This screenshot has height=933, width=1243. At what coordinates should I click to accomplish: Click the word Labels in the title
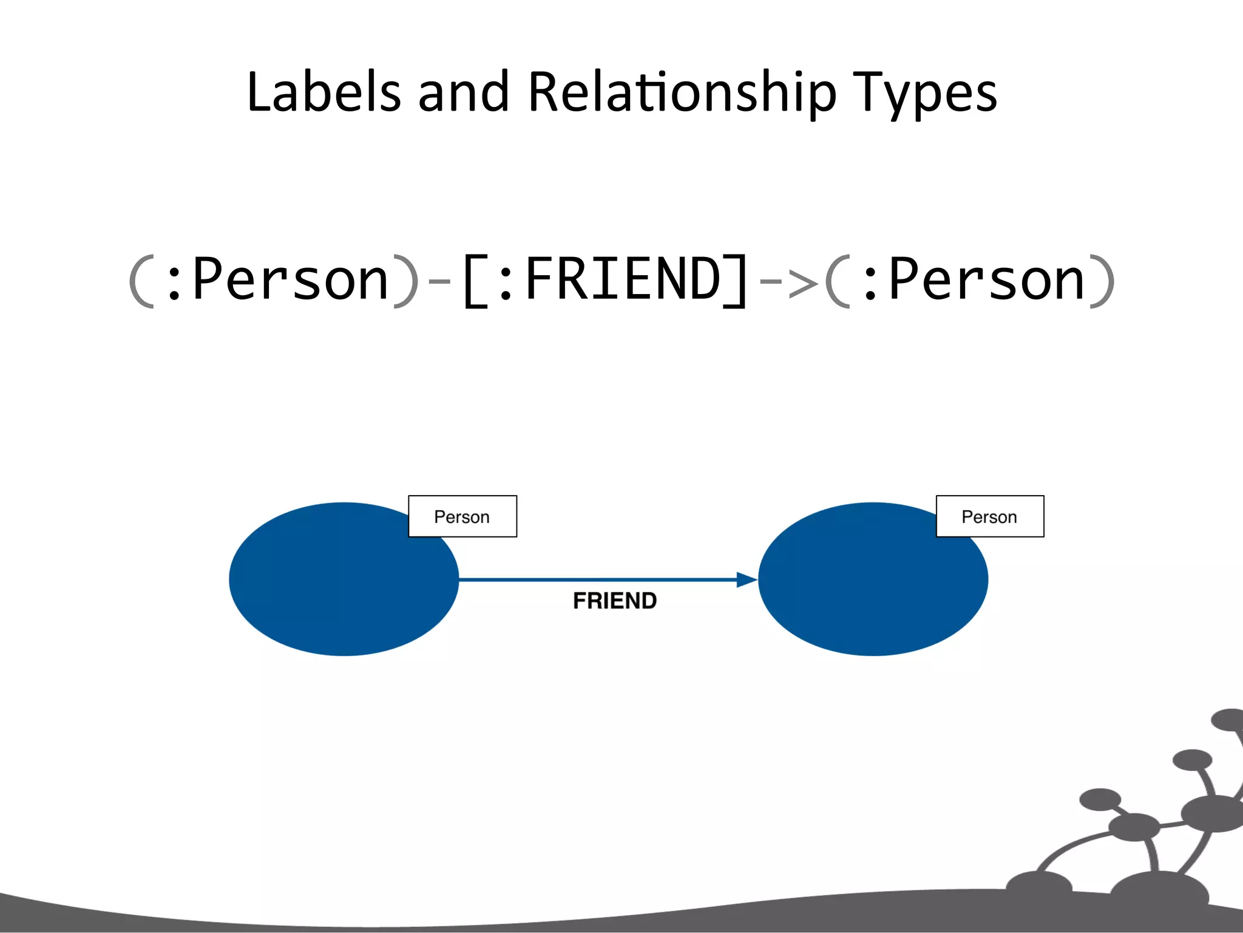tap(323, 92)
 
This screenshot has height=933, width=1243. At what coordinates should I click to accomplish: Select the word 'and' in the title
tap(463, 92)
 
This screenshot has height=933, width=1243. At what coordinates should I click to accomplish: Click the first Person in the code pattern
tap(290, 279)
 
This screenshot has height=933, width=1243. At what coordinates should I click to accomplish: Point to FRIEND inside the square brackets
tap(623, 279)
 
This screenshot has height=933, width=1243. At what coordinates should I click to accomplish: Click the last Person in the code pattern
tap(986, 279)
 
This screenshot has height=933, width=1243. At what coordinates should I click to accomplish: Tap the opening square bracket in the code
tap(475, 281)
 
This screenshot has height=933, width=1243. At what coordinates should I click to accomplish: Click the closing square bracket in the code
tap(736, 281)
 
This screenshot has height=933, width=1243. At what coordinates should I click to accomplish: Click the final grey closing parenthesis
tap(1102, 281)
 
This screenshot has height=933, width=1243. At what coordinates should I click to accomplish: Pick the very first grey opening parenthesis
tap(141, 281)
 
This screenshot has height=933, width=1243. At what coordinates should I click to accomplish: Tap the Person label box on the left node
tap(462, 516)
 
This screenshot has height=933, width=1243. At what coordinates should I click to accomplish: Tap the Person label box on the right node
tap(990, 516)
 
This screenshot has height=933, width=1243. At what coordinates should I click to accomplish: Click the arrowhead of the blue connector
tap(747, 579)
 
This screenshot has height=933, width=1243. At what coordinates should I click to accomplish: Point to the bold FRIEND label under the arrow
tap(615, 601)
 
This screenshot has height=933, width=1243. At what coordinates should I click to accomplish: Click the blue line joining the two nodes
tap(595, 579)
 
